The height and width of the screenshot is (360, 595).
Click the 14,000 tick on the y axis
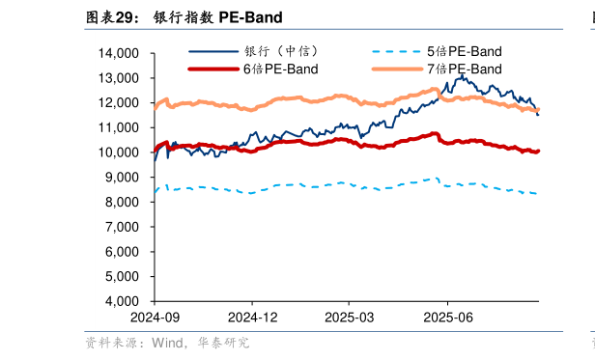coord(120,53)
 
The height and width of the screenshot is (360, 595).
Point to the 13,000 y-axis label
coord(120,78)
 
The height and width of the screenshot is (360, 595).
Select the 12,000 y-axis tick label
coord(120,103)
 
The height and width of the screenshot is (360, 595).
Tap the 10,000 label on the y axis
coord(120,152)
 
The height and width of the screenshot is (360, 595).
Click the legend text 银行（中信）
coord(281,51)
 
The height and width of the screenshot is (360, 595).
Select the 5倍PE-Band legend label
coord(464,51)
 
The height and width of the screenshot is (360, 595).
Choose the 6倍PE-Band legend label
coord(280,69)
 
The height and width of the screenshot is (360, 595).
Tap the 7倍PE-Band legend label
coord(464,69)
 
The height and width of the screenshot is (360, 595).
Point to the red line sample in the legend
coord(212,69)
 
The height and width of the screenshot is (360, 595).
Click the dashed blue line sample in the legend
coord(396,51)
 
